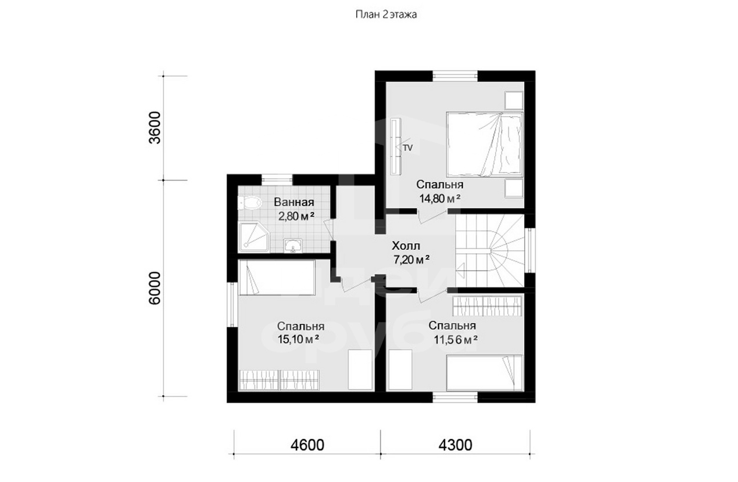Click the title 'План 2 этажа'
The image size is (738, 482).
click(386, 15)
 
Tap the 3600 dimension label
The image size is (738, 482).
click(155, 128)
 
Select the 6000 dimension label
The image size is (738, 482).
click(155, 288)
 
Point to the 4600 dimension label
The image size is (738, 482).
click(307, 445)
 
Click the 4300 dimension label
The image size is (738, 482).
click(455, 445)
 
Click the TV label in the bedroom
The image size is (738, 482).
click(408, 148)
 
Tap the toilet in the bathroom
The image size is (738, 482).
click(249, 203)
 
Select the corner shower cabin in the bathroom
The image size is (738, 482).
click(254, 238)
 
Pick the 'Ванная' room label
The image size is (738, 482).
click(294, 202)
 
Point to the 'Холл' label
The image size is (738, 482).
click(406, 246)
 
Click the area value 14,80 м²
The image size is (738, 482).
click(439, 199)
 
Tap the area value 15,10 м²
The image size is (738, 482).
click(298, 339)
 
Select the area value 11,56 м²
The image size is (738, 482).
click(456, 340)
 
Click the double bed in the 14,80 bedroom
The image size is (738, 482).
click(485, 144)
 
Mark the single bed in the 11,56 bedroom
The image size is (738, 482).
click(484, 372)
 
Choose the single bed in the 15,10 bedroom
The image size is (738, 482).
click(277, 277)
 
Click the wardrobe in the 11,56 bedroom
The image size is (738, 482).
click(488, 306)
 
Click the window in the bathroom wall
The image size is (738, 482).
click(277, 180)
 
